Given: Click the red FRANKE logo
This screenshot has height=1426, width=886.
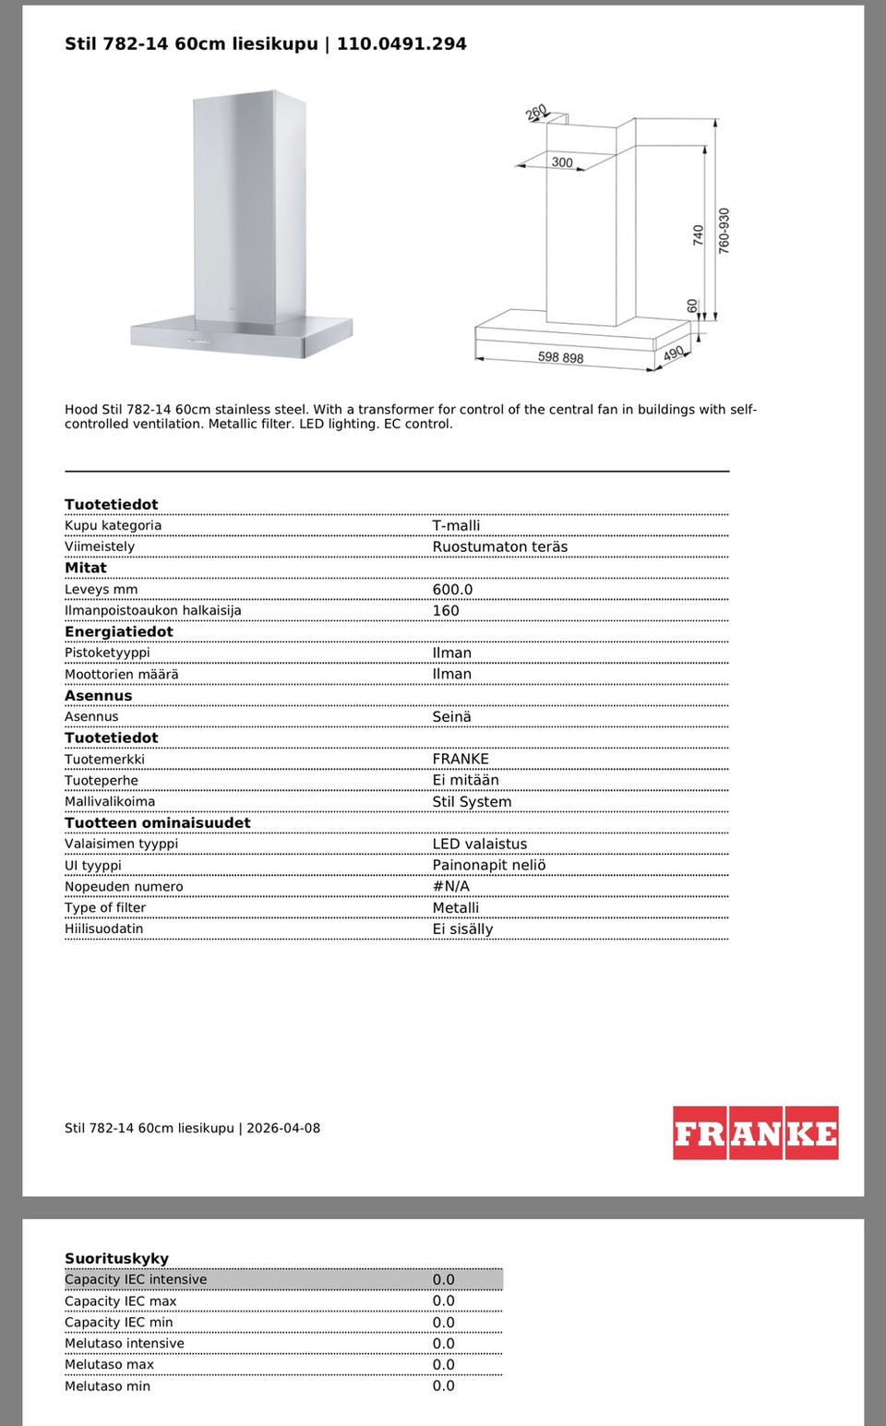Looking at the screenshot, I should click(x=755, y=1132).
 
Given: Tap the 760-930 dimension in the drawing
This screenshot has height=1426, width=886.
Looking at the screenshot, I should click(x=724, y=231).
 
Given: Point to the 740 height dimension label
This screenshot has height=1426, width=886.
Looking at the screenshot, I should click(x=698, y=235).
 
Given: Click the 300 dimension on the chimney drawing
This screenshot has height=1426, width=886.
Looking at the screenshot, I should click(x=562, y=162).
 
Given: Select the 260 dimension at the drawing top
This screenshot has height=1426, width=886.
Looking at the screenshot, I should click(x=536, y=113).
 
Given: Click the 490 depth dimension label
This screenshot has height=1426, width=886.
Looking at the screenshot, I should click(x=674, y=354).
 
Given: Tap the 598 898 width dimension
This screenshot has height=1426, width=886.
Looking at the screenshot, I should click(x=560, y=357).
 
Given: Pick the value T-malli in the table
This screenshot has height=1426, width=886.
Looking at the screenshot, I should click(x=456, y=525).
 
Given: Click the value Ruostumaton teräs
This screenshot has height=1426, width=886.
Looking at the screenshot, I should click(x=499, y=546).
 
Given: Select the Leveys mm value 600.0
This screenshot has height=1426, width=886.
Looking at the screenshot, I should click(x=452, y=589).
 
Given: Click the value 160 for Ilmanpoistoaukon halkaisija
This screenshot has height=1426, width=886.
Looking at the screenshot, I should click(x=445, y=610).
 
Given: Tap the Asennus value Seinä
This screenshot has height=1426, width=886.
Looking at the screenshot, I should click(x=451, y=716).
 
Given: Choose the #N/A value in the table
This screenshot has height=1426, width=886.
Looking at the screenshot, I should click(x=450, y=886).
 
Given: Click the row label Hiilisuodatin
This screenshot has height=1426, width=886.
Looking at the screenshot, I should click(x=103, y=929).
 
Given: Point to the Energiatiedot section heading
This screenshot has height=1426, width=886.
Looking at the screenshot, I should click(x=118, y=631).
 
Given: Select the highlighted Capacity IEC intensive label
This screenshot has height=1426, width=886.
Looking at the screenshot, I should click(x=136, y=1279).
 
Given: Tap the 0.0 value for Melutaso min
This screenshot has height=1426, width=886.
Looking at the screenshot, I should click(x=443, y=1385).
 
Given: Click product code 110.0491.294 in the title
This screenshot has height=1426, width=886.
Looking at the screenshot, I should click(x=401, y=43).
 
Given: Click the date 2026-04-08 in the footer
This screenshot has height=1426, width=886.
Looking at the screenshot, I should click(x=282, y=1128).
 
